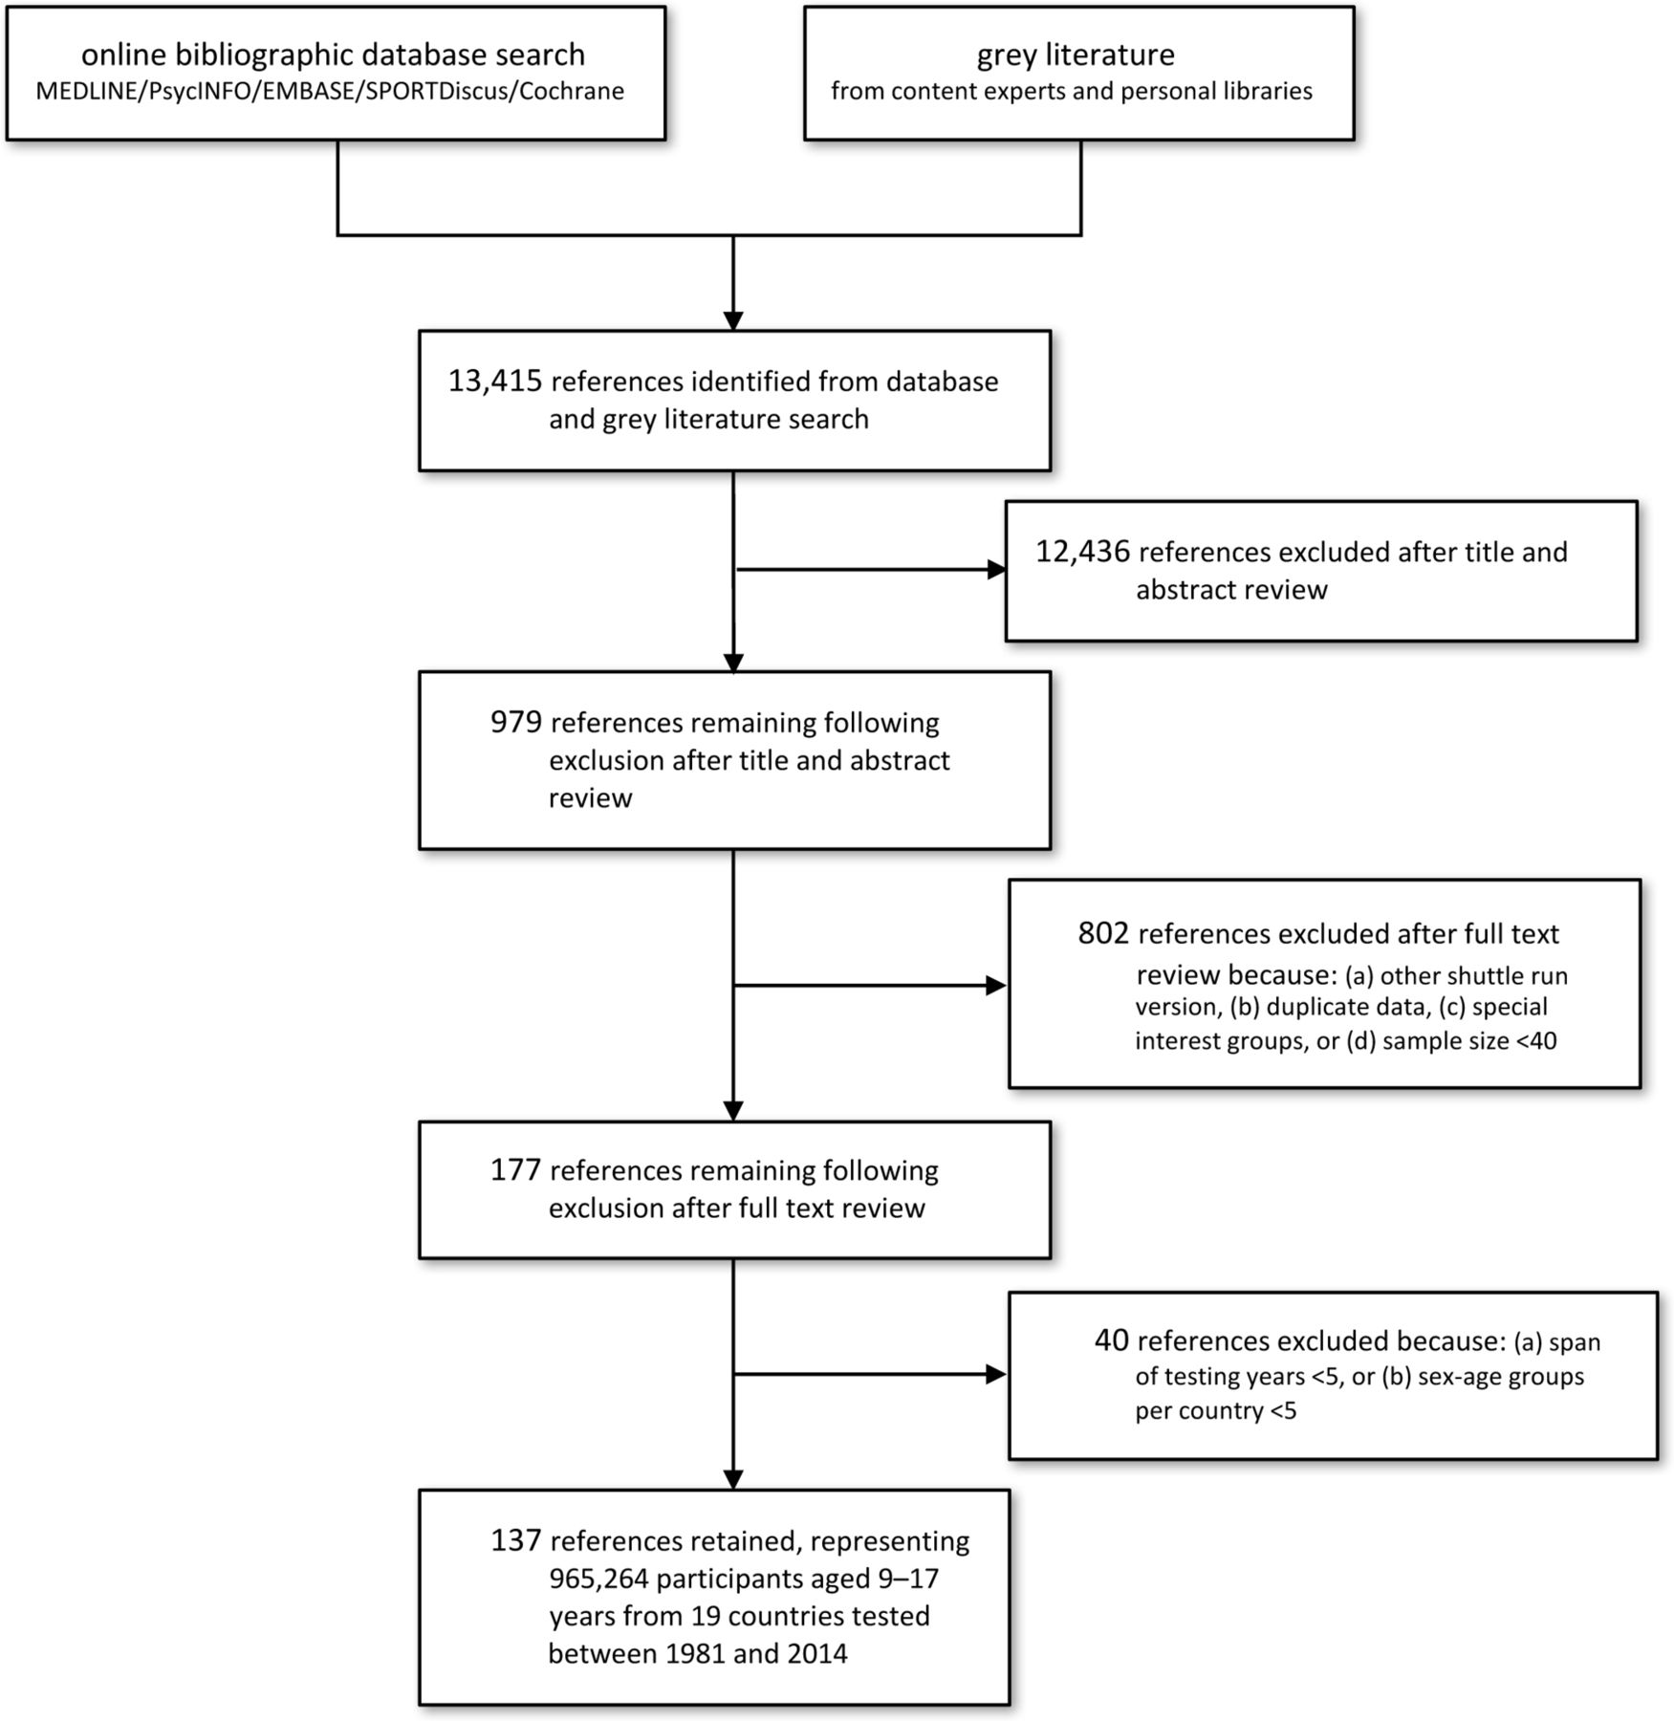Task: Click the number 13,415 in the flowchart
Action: (495, 381)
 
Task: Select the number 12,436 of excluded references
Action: (1083, 552)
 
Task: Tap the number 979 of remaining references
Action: (516, 722)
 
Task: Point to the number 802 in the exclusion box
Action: (1103, 933)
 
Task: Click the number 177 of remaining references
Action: (516, 1170)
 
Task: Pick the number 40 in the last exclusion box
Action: (1112, 1340)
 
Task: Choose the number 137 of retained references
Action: (516, 1540)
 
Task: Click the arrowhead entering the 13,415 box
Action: (733, 320)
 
